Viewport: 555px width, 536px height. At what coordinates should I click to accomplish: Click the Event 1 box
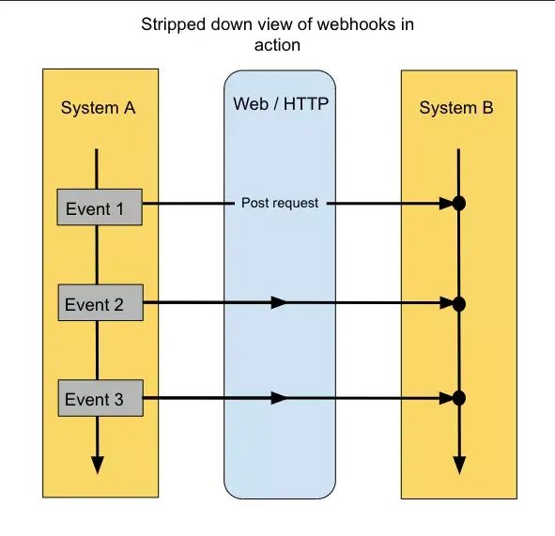point(100,207)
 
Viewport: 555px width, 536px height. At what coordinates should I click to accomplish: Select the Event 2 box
point(100,302)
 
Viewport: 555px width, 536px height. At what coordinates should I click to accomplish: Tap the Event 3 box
point(100,398)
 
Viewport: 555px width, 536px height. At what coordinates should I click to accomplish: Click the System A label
point(98,108)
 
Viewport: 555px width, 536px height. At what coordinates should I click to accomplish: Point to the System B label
point(456,108)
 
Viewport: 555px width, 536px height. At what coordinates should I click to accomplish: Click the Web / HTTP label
point(281,103)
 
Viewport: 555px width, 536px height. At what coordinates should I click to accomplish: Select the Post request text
point(280,203)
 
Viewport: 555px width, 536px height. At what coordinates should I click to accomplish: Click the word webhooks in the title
point(355,24)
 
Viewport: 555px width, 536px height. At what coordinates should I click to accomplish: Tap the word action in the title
point(278,45)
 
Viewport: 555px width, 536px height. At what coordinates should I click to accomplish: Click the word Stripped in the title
point(173,25)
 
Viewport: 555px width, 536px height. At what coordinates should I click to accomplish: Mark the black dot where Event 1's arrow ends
point(459,204)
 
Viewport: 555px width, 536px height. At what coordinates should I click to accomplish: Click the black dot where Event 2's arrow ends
point(459,304)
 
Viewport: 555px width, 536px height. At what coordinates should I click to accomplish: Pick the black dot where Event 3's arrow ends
point(459,398)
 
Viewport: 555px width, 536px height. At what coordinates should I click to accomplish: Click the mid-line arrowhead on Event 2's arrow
point(279,302)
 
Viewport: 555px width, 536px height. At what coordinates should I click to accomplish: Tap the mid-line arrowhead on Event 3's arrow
point(279,398)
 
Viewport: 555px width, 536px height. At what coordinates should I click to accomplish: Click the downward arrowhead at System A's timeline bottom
point(98,465)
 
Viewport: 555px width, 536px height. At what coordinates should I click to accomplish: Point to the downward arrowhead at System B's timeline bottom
point(459,466)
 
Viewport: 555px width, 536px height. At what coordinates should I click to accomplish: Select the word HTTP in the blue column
point(306,103)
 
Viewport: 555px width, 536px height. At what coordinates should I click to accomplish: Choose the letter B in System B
point(487,108)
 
